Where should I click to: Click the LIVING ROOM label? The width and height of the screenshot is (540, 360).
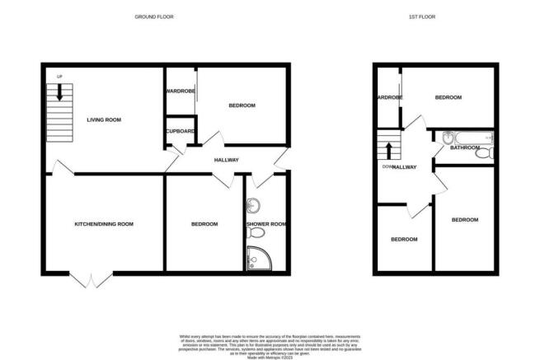click(104, 120)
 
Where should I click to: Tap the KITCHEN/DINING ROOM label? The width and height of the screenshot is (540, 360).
click(104, 224)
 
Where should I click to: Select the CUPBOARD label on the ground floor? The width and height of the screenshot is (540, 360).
click(180, 132)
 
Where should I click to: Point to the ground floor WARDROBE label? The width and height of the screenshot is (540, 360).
click(180, 91)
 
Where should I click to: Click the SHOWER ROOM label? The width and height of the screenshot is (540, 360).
click(266, 224)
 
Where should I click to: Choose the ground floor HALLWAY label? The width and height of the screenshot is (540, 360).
click(227, 160)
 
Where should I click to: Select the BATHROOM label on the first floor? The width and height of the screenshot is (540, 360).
click(465, 148)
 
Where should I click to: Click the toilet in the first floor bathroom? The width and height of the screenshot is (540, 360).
click(488, 152)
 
